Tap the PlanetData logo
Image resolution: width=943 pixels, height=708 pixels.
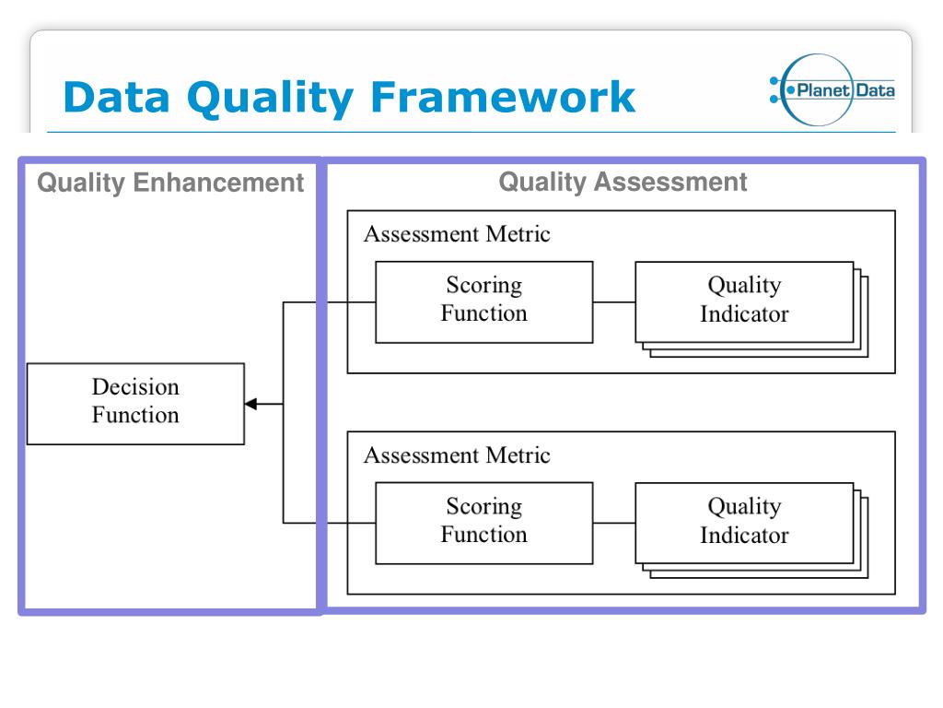tap(832, 89)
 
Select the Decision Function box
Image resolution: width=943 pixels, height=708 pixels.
tap(135, 403)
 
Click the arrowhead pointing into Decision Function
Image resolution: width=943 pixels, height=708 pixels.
tap(250, 404)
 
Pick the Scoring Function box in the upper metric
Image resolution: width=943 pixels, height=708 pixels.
tap(483, 301)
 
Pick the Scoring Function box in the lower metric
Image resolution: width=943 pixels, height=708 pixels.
tap(483, 523)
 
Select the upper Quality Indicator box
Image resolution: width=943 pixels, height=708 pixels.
tap(744, 301)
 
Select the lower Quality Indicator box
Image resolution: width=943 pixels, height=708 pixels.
tap(744, 523)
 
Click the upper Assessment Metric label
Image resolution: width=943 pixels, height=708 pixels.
tap(457, 234)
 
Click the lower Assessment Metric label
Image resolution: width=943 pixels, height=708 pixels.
tap(457, 455)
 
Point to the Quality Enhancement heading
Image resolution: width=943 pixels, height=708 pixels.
tap(170, 183)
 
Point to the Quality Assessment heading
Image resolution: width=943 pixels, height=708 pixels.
tap(623, 182)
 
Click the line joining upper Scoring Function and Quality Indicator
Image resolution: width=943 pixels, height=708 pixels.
tap(614, 301)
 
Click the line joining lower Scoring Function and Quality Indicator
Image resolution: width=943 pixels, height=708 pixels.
tap(614, 523)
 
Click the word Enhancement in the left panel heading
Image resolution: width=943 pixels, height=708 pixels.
tap(218, 183)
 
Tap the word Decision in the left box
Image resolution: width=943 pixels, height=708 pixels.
tap(135, 387)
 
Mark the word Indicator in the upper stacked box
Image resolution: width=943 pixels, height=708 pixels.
tap(744, 314)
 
